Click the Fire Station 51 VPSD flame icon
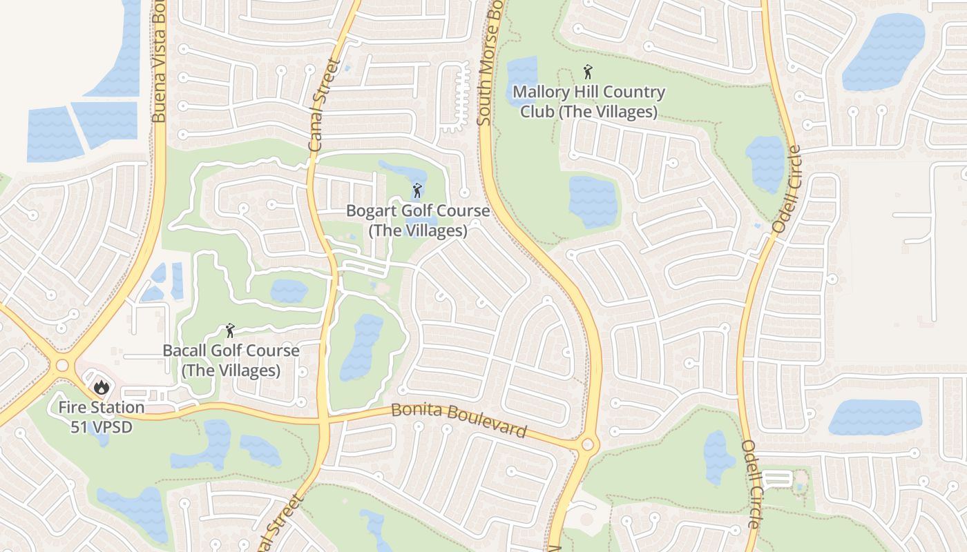pyautogui.click(x=102, y=387)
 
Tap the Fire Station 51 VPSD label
pyautogui.click(x=101, y=417)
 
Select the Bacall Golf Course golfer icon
pyautogui.click(x=230, y=331)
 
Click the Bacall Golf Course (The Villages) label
pyautogui.click(x=231, y=360)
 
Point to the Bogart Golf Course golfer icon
pyautogui.click(x=417, y=190)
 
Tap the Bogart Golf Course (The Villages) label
pyautogui.click(x=418, y=221)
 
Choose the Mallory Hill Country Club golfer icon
pyautogui.click(x=588, y=71)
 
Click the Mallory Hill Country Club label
pyautogui.click(x=588, y=101)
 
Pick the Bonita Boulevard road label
pyautogui.click(x=459, y=420)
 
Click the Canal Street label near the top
pyautogui.click(x=325, y=105)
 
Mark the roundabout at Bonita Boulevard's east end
pyautogui.click(x=588, y=445)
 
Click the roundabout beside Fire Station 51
pyautogui.click(x=63, y=365)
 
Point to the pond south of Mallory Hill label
pyautogui.click(x=593, y=201)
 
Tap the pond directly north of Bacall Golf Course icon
pyautogui.click(x=289, y=290)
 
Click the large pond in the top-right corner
pyautogui.click(x=884, y=51)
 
